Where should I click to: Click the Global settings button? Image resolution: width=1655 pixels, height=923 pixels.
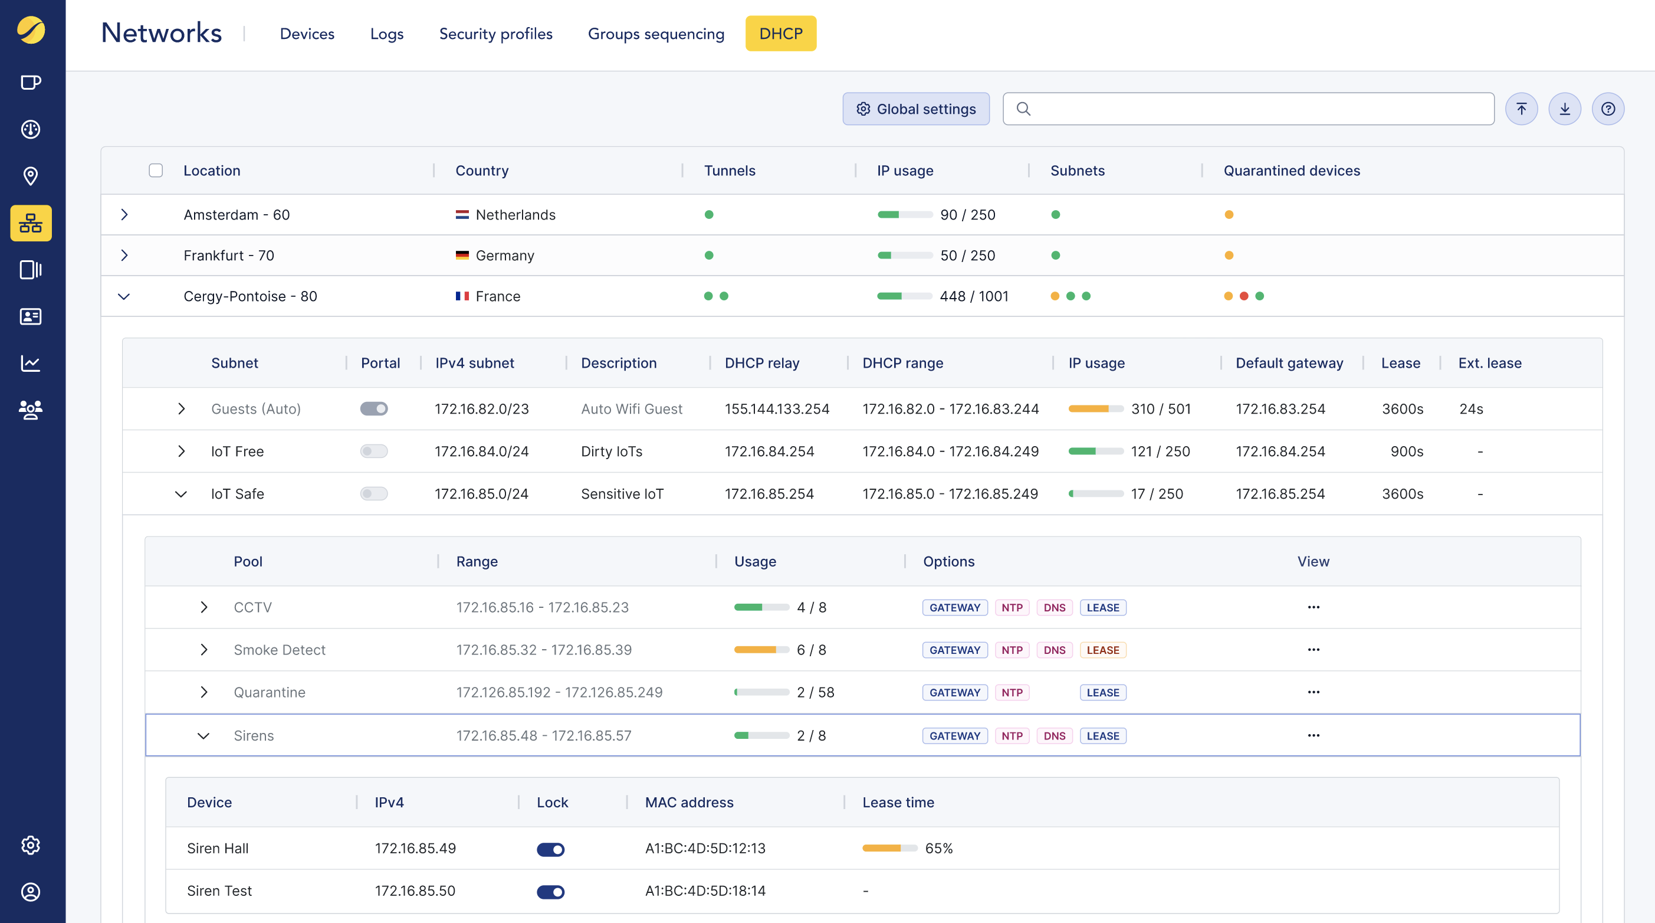[915, 109]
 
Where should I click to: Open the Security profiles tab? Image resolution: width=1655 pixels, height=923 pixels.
[495, 34]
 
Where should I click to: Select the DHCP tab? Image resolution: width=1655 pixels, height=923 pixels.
[780, 34]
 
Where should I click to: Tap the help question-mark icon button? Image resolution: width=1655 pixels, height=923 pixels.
[1607, 109]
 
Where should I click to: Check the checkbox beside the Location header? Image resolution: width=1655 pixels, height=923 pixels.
[156, 171]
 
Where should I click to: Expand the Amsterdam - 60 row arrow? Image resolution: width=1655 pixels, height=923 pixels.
[124, 215]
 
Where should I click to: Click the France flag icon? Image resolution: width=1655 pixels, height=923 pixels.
[462, 296]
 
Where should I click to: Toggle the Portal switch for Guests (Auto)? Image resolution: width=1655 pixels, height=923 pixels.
[374, 409]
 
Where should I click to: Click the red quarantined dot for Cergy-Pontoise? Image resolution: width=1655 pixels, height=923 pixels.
[1244, 296]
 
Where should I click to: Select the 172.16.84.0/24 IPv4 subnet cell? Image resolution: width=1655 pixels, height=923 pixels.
[481, 451]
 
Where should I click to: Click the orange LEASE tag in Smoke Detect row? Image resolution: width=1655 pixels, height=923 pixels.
[1102, 650]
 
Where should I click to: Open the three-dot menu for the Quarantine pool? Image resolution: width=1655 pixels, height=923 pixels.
[1313, 692]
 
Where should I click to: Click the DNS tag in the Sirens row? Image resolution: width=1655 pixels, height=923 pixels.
[1055, 736]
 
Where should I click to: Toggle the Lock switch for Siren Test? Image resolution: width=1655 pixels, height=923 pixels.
[551, 892]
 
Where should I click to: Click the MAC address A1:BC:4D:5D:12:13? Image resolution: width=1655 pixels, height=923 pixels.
[705, 849]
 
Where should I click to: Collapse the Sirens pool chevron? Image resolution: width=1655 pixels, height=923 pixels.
[203, 736]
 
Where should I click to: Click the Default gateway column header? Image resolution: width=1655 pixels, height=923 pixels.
[1289, 363]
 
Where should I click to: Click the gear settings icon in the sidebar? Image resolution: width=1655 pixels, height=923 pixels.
[31, 845]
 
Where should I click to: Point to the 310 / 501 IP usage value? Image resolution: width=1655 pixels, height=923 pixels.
[1160, 409]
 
